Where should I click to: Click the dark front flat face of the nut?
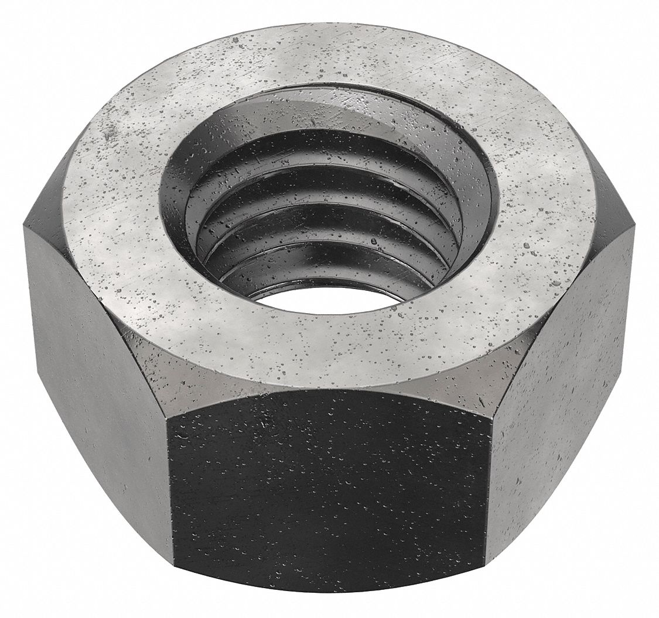tap(331, 492)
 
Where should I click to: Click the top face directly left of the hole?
tap(117, 205)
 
